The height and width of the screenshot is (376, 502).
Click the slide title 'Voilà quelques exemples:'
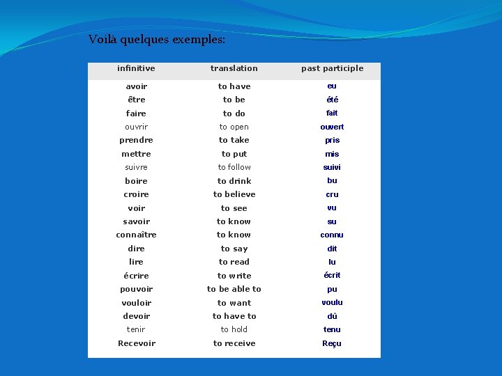(x=157, y=40)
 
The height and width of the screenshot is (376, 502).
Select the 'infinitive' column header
(x=137, y=68)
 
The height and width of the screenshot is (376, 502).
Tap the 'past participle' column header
(x=332, y=68)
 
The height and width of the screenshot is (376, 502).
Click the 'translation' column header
(x=234, y=68)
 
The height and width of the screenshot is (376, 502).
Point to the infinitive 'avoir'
(x=137, y=86)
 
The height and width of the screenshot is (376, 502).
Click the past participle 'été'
(x=332, y=100)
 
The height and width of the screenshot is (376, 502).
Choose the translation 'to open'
(x=234, y=127)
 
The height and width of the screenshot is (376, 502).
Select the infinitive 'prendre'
(x=137, y=140)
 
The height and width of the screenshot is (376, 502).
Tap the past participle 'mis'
(x=332, y=154)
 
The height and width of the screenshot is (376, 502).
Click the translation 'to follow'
(x=234, y=167)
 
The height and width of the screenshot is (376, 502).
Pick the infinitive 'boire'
(x=137, y=181)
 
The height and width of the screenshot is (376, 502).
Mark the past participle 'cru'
(x=332, y=194)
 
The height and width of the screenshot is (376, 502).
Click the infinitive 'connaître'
(x=137, y=235)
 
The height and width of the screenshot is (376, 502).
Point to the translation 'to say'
(x=234, y=249)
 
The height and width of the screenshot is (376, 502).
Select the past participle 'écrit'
(x=332, y=275)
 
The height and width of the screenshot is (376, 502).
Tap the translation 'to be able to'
(x=234, y=289)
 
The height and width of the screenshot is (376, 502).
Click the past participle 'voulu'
(x=332, y=302)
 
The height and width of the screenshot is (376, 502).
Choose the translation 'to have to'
(x=234, y=316)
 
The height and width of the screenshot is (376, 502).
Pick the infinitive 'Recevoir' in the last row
(x=137, y=343)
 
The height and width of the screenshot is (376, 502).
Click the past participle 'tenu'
(x=332, y=329)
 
